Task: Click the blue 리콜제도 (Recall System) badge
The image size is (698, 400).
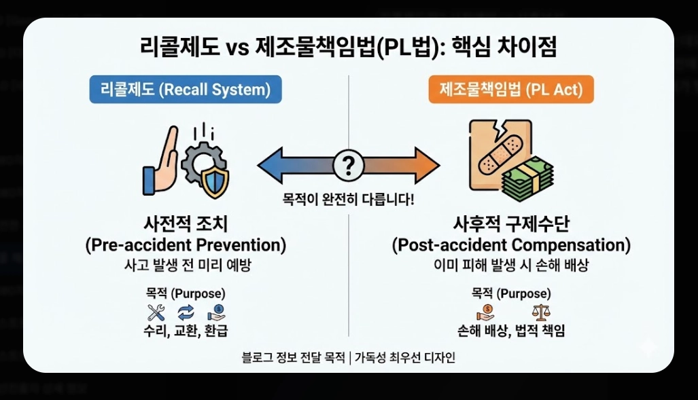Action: click(186, 90)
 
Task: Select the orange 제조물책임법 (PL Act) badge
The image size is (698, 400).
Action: click(511, 90)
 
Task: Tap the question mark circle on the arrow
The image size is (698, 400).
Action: click(348, 164)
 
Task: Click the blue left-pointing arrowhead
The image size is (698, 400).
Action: click(269, 164)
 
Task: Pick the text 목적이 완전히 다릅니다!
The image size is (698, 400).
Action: click(348, 200)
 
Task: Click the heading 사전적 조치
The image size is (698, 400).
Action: click(186, 225)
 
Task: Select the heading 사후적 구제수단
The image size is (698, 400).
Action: click(511, 225)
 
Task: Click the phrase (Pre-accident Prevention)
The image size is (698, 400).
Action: click(186, 245)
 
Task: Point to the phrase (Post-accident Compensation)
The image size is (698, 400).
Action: click(511, 245)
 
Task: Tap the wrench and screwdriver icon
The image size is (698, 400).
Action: click(156, 312)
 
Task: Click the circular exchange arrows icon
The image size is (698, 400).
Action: click(186, 312)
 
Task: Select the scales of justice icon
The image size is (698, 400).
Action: click(541, 312)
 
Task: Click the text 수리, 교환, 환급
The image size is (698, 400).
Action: click(186, 331)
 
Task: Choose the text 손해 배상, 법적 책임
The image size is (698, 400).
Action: click(511, 331)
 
